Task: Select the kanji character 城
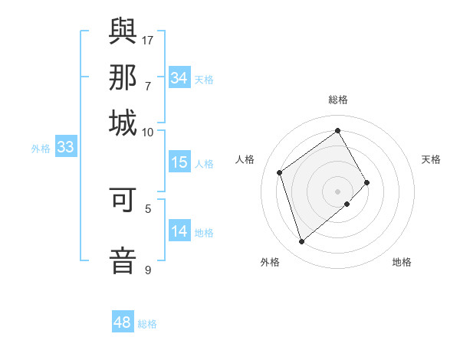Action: tap(123, 123)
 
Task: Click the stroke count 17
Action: tap(148, 40)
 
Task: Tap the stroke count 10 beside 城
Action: tap(148, 132)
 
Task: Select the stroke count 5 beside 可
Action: tap(148, 208)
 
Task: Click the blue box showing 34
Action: tap(179, 78)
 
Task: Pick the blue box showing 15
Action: tap(179, 162)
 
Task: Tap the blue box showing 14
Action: tap(179, 231)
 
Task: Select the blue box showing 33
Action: tap(65, 148)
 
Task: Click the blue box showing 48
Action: tap(122, 322)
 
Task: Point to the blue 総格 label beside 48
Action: tap(147, 324)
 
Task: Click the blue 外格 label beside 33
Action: tap(41, 149)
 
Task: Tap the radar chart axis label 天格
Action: tap(431, 159)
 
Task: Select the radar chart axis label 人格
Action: tap(245, 159)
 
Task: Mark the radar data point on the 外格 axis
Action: tap(302, 242)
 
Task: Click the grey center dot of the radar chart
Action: tap(338, 190)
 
